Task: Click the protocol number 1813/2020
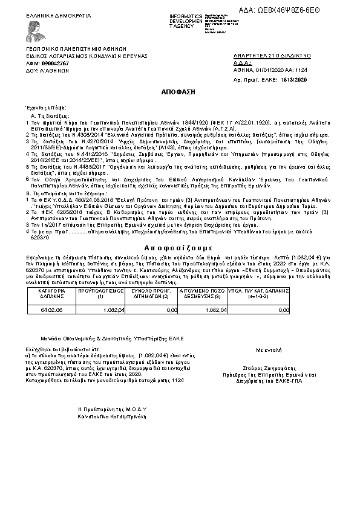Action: (x=295, y=80)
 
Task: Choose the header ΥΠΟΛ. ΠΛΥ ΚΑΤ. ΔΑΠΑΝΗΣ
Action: (x=263, y=293)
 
